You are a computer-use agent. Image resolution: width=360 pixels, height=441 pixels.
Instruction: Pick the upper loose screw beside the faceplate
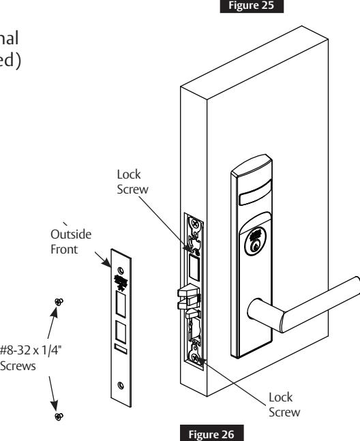(60, 301)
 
